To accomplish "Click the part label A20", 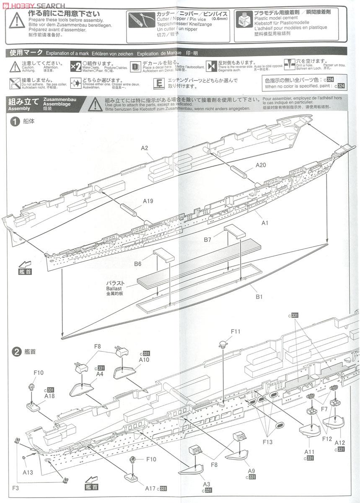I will [261, 165].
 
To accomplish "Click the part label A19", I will [148, 201].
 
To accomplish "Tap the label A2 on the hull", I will [145, 148].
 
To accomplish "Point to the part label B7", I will [208, 239].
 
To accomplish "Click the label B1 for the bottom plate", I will [259, 297].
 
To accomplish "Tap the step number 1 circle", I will [16, 122].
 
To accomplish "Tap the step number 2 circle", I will [16, 351].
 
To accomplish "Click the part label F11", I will [236, 331].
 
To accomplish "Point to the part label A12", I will [340, 443].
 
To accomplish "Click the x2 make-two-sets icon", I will [76, 67].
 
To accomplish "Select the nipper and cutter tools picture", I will [142, 19].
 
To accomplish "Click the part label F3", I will [16, 487].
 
